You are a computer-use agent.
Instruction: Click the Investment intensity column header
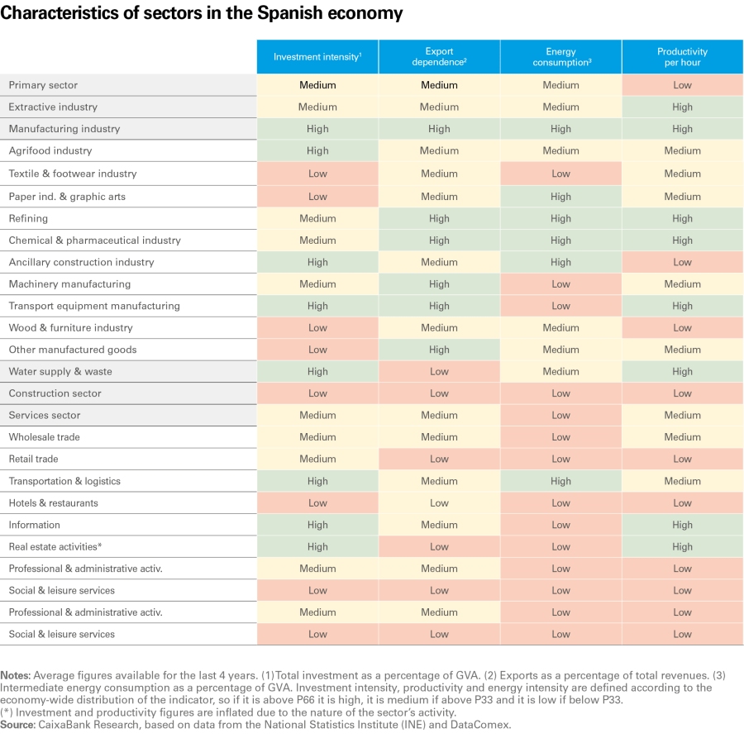[317, 57]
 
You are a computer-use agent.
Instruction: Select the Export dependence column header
[439, 57]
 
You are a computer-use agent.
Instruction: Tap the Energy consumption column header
[560, 57]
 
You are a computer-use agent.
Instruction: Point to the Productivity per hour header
[682, 57]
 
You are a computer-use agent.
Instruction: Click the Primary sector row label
[43, 85]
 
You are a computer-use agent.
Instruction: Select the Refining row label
[28, 218]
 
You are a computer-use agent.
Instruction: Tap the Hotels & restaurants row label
[53, 502]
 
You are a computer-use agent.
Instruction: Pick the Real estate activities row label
[55, 546]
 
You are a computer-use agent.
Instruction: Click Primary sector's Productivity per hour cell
[682, 85]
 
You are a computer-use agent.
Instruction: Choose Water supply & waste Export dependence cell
[439, 371]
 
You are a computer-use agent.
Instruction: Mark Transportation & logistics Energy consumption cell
[560, 481]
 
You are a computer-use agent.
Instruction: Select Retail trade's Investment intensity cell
[317, 459]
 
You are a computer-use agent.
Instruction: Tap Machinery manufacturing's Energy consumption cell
[560, 283]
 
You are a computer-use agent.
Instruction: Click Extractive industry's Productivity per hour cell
[682, 107]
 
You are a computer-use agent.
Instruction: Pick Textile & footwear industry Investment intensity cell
[317, 174]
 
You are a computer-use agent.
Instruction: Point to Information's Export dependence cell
[439, 525]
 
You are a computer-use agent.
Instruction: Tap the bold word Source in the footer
[17, 724]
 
